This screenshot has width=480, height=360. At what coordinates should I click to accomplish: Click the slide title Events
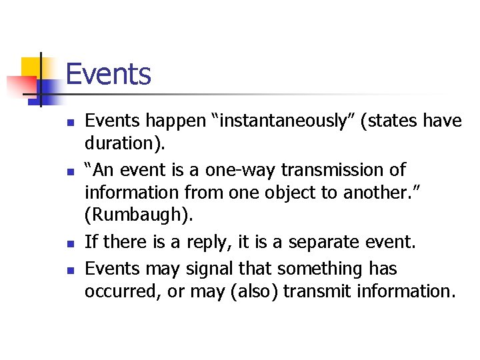coord(109,73)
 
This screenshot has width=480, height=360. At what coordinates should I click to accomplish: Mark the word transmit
coord(311,291)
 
